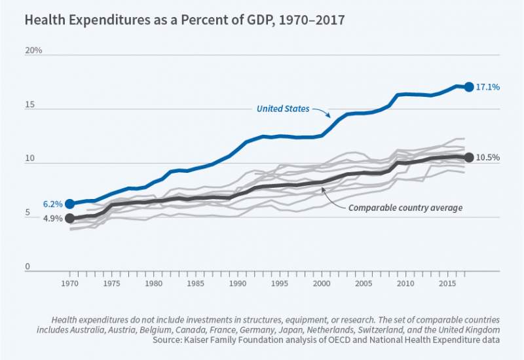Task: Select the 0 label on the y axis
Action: pos(28,267)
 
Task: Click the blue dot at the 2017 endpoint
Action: pos(469,86)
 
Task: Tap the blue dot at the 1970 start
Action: pos(69,204)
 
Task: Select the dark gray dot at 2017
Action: pos(469,158)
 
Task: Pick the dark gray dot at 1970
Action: pos(69,219)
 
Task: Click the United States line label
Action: pos(283,109)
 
